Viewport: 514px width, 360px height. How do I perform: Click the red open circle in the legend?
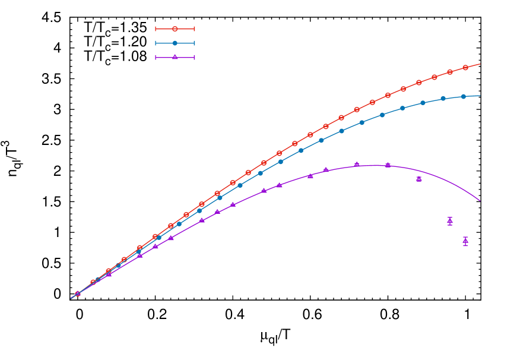pos(174,29)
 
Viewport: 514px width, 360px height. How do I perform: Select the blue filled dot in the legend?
pos(174,43)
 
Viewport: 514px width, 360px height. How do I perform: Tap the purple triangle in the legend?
pos(174,57)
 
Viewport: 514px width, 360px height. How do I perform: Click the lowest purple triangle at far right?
pos(465,241)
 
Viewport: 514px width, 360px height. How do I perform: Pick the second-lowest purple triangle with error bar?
pos(450,221)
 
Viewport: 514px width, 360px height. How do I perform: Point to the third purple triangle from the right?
pos(419,178)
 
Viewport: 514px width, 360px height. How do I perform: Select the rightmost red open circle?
pos(465,68)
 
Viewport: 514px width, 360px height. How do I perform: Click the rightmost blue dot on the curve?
pos(464,96)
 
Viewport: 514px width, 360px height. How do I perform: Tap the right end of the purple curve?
pos(480,201)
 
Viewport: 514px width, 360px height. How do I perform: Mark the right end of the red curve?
pos(480,64)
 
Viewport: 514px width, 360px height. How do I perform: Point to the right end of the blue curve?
pos(480,96)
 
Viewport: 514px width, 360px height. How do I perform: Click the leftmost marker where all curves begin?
pos(78,293)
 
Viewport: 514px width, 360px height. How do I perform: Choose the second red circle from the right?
pos(450,72)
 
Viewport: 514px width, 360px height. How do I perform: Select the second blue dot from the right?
pos(443,99)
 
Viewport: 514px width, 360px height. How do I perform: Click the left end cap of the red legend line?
pos(156,29)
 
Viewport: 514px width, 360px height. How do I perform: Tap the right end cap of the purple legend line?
pos(194,58)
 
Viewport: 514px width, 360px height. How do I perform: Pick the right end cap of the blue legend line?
pos(194,43)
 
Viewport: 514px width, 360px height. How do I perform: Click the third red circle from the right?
pos(434,77)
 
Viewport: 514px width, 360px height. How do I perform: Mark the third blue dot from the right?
pos(423,103)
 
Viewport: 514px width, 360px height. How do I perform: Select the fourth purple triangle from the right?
pos(388,165)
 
